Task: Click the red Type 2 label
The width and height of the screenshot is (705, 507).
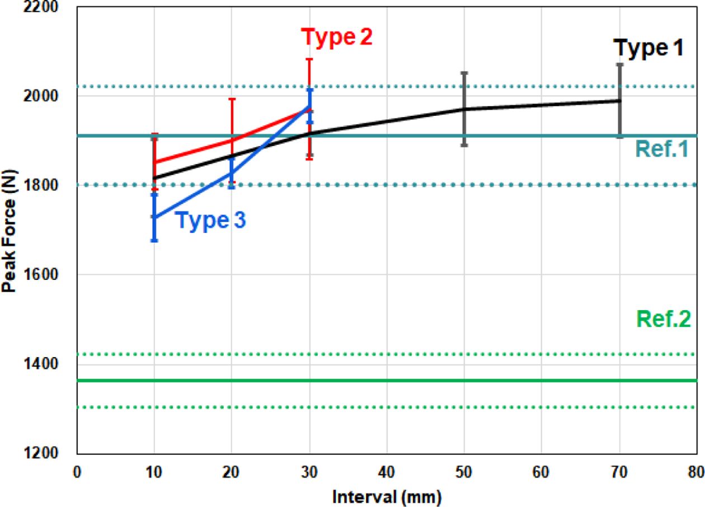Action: (337, 37)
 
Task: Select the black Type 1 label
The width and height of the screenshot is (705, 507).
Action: (648, 48)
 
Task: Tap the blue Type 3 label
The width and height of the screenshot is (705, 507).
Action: (211, 220)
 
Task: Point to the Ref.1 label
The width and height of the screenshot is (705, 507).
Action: (661, 149)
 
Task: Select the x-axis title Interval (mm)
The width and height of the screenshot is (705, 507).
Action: (387, 495)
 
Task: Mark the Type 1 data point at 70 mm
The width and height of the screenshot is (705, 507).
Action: (619, 101)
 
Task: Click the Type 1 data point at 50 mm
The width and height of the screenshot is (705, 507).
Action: (464, 109)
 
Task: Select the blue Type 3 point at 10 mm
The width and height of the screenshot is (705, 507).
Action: (154, 217)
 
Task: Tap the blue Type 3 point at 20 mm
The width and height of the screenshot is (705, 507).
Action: (232, 173)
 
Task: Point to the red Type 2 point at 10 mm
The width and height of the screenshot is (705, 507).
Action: (154, 163)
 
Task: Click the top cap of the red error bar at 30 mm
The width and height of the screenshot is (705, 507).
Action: (309, 59)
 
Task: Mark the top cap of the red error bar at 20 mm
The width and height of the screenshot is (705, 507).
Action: (232, 99)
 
